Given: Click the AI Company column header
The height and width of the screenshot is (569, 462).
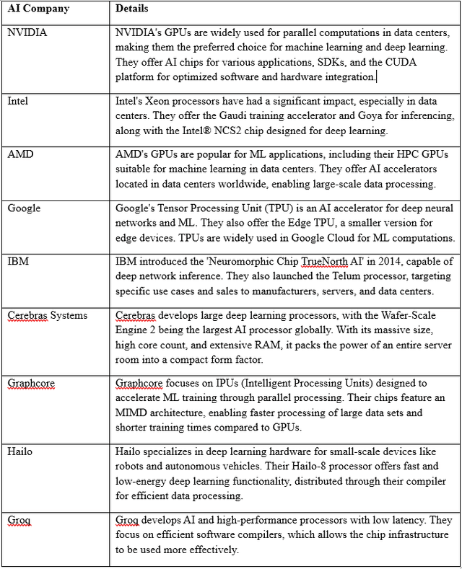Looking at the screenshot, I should [x=38, y=9].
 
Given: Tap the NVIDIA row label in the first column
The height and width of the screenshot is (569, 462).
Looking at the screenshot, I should [x=27, y=32].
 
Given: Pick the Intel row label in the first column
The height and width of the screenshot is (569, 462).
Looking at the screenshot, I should [x=18, y=101].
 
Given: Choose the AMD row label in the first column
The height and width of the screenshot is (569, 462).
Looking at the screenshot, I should [x=19, y=154].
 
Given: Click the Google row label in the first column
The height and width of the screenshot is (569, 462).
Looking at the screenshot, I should [x=24, y=208].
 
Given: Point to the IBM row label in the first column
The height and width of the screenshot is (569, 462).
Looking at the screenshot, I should [x=17, y=262].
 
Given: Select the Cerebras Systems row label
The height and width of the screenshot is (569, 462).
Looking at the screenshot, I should [x=47, y=316].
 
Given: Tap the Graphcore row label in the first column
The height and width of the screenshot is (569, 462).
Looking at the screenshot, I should [x=31, y=383].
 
